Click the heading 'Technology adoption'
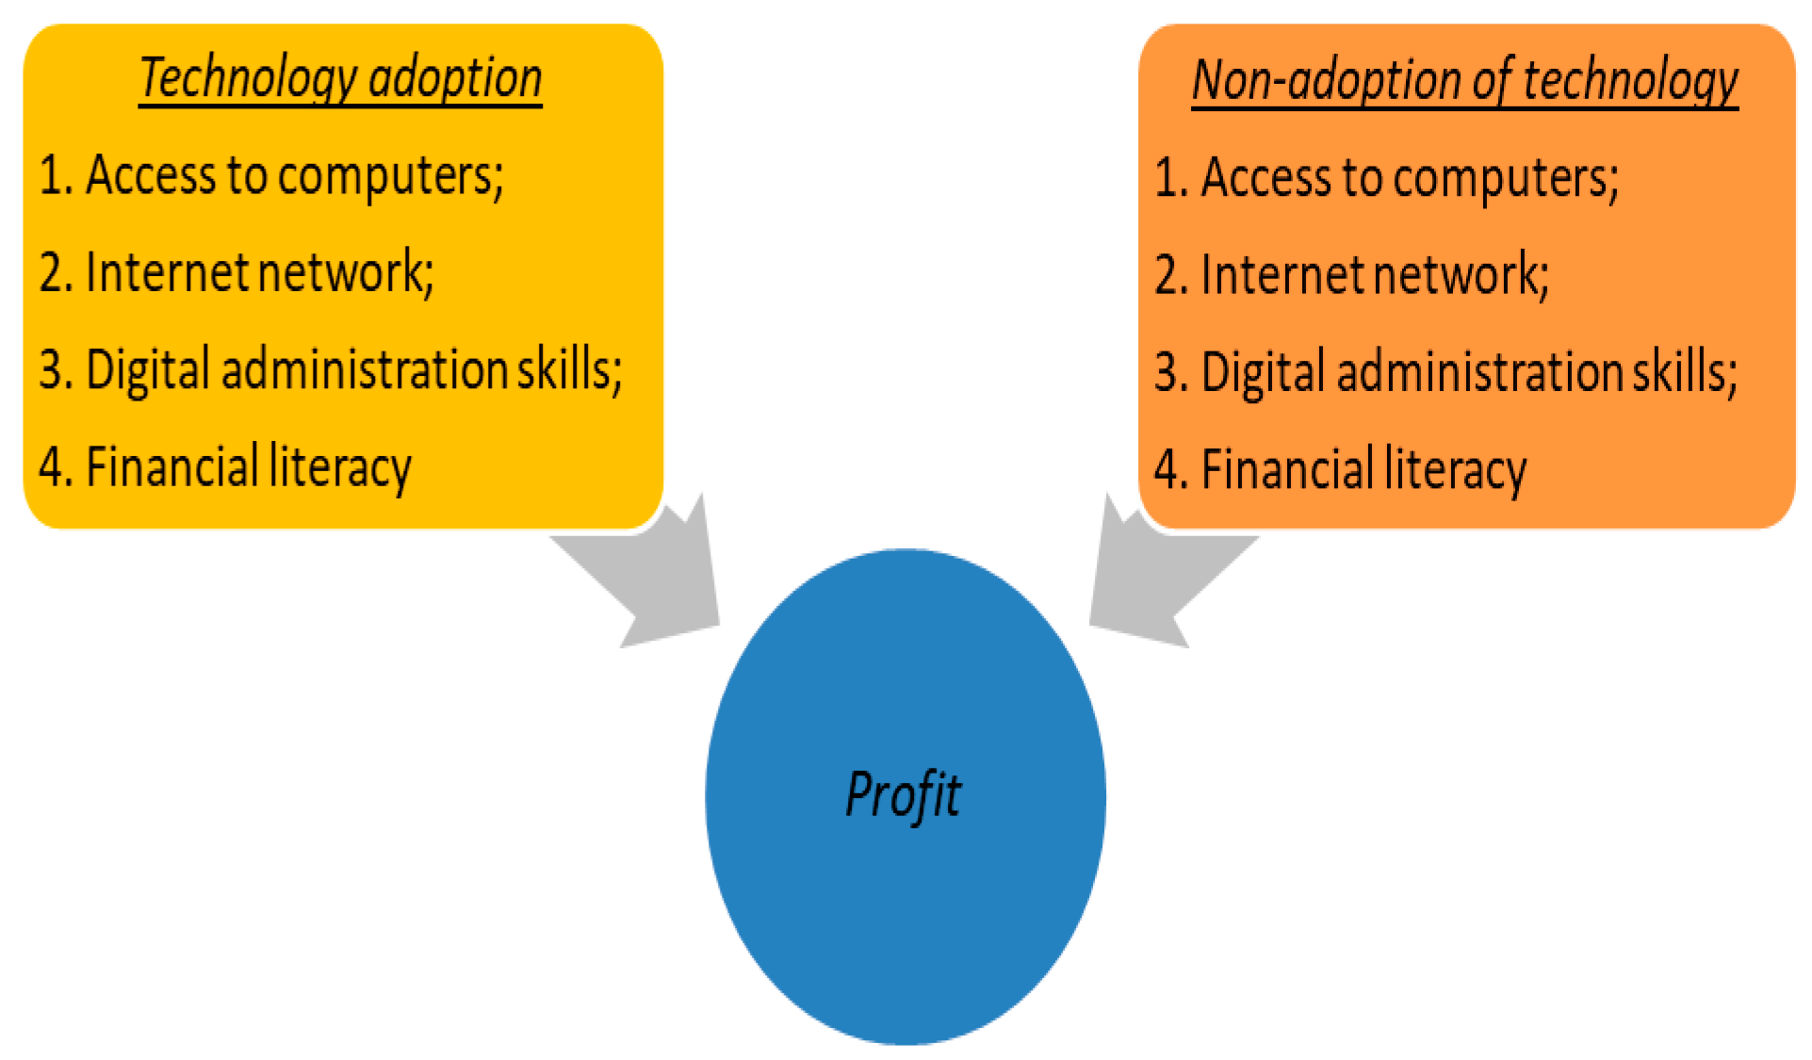(340, 78)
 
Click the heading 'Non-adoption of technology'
(1464, 81)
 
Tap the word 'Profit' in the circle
(904, 794)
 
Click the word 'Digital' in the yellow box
(147, 370)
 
